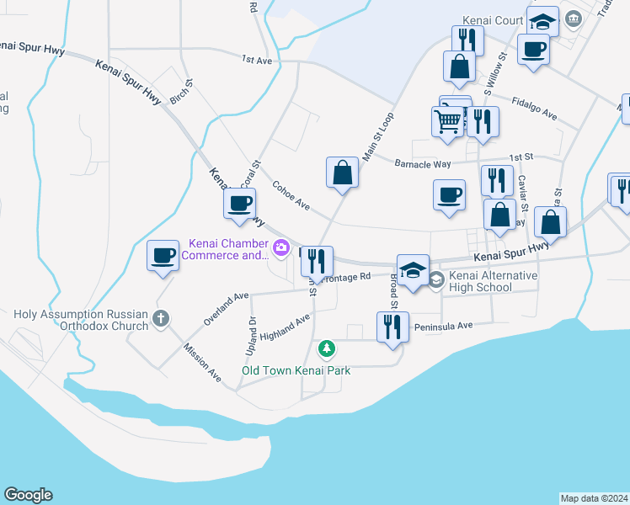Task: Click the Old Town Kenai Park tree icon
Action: tap(326, 348)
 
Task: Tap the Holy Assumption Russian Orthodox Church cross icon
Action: tap(161, 319)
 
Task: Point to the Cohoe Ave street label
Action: tap(291, 194)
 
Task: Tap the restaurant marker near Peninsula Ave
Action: tap(392, 326)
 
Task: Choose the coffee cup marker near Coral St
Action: tap(240, 202)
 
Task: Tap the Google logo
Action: tap(28, 495)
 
